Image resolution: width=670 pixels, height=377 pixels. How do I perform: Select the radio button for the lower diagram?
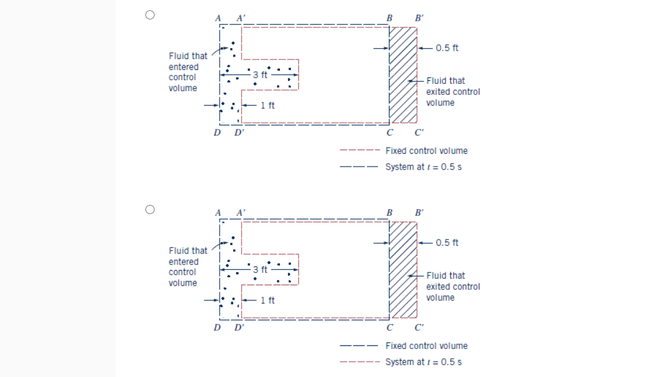tap(150, 209)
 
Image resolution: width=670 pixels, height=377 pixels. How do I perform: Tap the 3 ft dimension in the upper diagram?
tap(259, 75)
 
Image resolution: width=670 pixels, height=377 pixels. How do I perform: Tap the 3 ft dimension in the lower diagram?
tap(259, 269)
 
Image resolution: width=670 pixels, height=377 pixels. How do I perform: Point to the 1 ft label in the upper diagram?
tap(267, 105)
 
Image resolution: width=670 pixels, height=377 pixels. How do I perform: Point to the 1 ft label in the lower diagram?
tap(267, 300)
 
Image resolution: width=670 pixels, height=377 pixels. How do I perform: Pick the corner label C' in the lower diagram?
tap(419, 328)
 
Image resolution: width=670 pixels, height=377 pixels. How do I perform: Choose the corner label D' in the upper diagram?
tap(240, 134)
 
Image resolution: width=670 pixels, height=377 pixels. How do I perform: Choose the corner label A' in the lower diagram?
tap(242, 213)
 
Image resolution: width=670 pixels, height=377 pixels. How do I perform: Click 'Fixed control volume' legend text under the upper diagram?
tap(426, 151)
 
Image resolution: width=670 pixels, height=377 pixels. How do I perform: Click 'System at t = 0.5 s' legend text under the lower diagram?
tap(423, 362)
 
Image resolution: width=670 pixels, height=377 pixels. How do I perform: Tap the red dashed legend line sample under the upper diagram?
tap(360, 151)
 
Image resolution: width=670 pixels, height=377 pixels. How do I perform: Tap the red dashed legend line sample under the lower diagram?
tap(360, 362)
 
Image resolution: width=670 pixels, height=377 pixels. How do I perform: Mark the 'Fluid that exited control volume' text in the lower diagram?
tap(452, 286)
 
